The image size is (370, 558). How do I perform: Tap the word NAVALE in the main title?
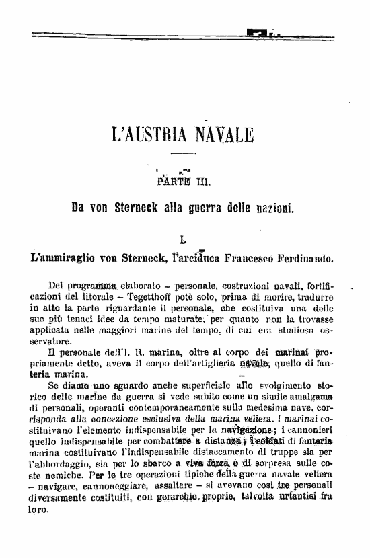pos(223,134)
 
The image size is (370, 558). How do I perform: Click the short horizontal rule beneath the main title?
pos(183,156)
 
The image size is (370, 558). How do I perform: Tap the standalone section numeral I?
pos(183,238)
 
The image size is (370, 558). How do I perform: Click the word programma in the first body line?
pos(94,285)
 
